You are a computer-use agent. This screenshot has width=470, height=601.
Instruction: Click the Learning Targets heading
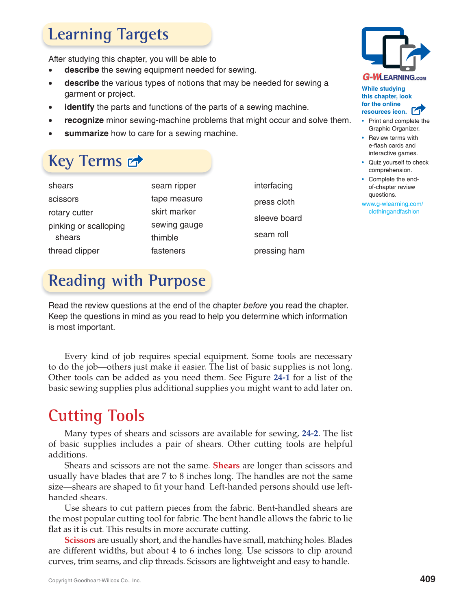pos(108,35)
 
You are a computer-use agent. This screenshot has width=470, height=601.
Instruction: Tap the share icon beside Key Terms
pos(135,161)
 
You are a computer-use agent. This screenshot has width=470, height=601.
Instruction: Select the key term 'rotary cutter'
pos(70,213)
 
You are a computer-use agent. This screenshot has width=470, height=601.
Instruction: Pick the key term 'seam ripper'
pos(173,186)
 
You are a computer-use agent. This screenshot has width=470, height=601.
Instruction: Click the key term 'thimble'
pos(164,238)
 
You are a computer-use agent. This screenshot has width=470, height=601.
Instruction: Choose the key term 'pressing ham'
pos(279,251)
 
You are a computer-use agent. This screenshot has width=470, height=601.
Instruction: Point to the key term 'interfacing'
pos(273,186)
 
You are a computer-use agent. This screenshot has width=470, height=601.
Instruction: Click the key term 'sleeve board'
pos(278,218)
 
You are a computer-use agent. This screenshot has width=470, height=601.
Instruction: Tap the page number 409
pos(427,579)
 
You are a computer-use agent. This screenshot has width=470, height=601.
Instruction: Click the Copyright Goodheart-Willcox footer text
pos(94,581)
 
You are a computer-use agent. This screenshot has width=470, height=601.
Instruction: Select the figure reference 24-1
pos(281,378)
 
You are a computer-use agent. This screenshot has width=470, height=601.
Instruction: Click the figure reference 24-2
pos(310,434)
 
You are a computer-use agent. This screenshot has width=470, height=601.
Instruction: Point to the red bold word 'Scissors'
pos(80,540)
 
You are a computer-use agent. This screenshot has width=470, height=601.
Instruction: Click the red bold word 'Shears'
pos(226,466)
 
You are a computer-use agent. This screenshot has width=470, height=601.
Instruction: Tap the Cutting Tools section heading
pos(96,416)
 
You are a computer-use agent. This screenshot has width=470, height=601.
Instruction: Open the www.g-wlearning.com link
pos(392,208)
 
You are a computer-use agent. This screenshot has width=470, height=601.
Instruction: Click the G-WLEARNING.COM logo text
pos(394,77)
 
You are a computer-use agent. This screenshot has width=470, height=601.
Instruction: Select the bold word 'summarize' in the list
pos(86,133)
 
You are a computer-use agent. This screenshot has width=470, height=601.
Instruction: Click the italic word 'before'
pos(255,306)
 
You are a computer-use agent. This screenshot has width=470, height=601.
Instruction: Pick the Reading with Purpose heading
pos(127,281)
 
